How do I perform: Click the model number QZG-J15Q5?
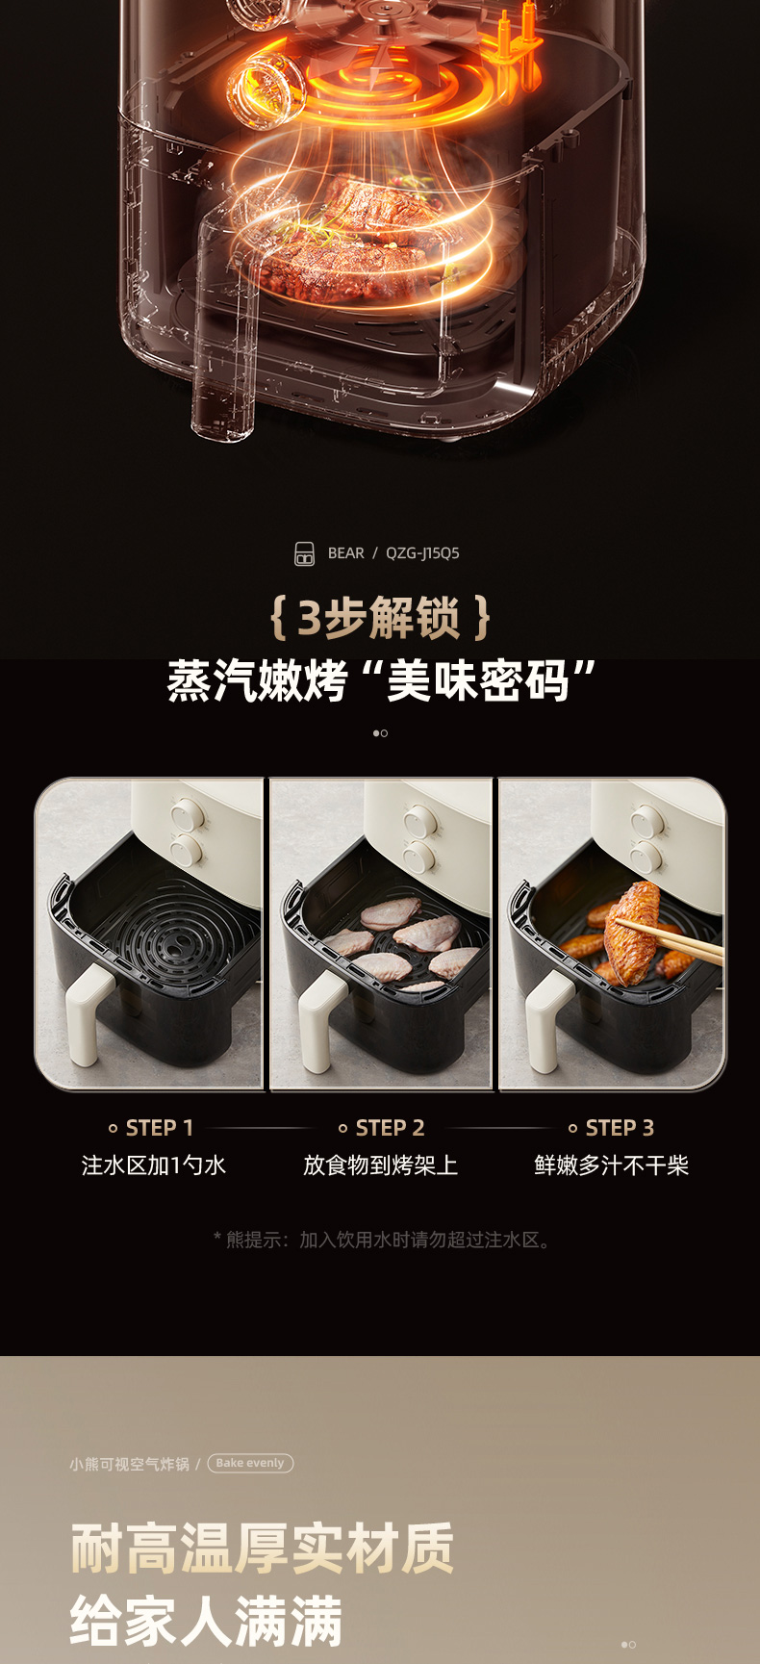click(422, 553)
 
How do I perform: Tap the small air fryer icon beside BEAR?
click(304, 553)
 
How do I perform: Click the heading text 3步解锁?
click(379, 617)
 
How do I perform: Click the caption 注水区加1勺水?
click(154, 1165)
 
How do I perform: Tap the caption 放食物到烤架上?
click(380, 1165)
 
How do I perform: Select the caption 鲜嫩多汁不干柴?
click(612, 1165)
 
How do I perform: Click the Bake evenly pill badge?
click(250, 1463)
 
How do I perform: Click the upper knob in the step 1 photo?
click(186, 816)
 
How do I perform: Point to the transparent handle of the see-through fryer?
click(224, 327)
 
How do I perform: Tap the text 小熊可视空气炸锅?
click(129, 1464)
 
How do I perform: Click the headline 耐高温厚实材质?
click(262, 1548)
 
